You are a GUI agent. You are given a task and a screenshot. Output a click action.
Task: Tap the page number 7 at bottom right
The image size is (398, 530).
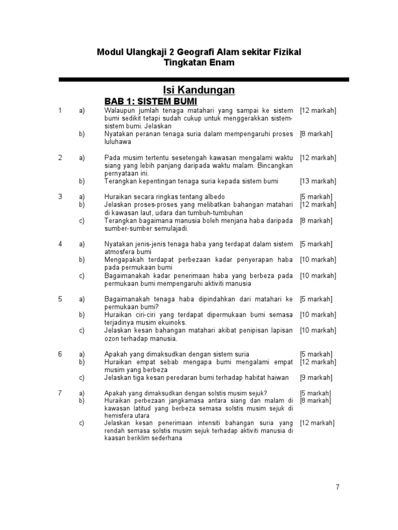[337, 487]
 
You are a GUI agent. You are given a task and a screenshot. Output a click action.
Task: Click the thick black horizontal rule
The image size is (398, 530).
[204, 79]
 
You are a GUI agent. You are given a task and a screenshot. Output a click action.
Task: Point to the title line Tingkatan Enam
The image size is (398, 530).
[199, 63]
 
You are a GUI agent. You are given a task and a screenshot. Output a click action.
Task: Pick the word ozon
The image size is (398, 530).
[112, 338]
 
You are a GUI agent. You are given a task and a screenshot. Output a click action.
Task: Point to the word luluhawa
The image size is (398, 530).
[118, 142]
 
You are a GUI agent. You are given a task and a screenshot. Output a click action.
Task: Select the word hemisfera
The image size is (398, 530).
[119, 416]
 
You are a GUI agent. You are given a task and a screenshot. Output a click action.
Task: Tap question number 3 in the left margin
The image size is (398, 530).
[60, 197]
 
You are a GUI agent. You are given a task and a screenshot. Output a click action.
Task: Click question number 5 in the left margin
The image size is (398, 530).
[60, 299]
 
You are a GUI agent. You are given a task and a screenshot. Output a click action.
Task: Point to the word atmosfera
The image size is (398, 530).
[119, 252]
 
